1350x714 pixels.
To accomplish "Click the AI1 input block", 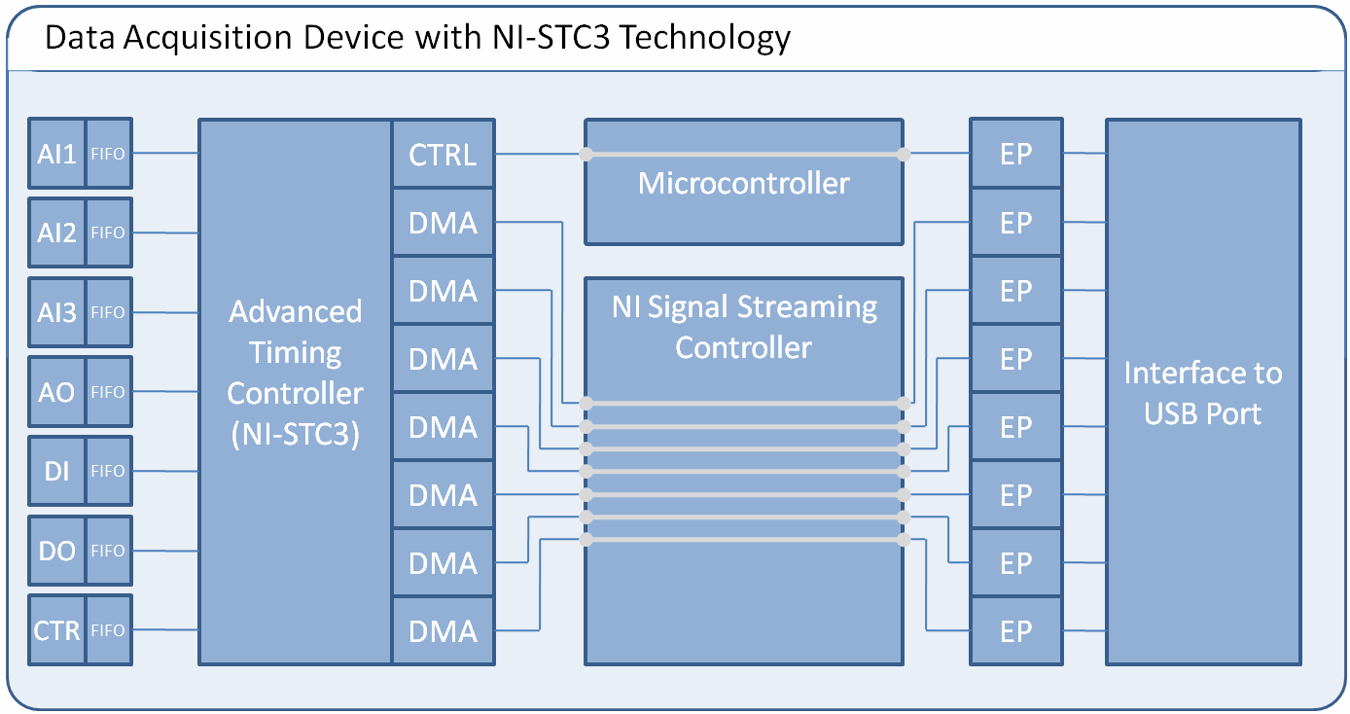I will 57,153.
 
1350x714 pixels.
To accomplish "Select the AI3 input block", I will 57,312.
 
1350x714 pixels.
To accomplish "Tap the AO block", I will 57,392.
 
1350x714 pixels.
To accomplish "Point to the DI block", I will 57,471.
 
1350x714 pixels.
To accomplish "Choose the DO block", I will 57,551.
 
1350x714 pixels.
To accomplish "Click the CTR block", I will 57,630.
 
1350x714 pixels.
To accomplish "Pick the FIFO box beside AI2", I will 108,232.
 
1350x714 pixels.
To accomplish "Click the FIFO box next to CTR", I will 108,630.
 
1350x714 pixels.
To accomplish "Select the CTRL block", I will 444,154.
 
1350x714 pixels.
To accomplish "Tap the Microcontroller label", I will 743,183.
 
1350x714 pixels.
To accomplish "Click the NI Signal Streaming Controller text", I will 743,327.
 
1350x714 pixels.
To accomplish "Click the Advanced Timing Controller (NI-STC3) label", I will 295,373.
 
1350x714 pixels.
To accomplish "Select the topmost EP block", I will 1015,154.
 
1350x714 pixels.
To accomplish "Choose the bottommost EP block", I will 1015,631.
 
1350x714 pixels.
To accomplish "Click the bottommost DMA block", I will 444,631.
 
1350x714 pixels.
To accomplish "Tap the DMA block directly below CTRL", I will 444,223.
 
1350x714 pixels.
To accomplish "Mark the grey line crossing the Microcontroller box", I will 743,154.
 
